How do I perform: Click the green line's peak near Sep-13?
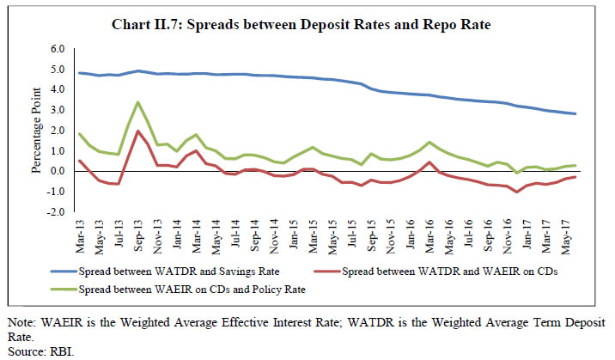click(x=137, y=102)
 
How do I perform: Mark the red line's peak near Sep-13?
click(x=137, y=131)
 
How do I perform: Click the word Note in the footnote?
click(x=19, y=323)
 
